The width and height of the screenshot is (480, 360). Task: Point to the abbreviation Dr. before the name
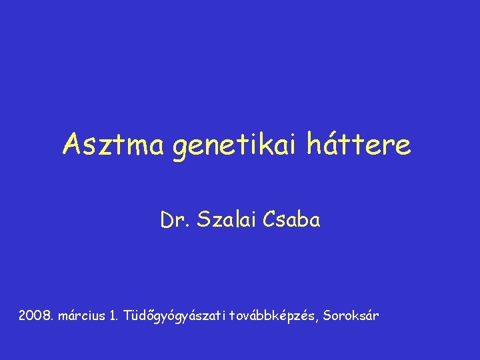(x=174, y=221)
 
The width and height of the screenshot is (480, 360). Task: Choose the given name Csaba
(x=291, y=221)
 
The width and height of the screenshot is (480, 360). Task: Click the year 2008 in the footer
(x=35, y=315)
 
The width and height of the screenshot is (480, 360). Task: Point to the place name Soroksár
(x=352, y=315)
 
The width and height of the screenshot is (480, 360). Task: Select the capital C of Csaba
(x=269, y=221)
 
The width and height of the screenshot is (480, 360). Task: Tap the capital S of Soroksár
(x=329, y=315)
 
